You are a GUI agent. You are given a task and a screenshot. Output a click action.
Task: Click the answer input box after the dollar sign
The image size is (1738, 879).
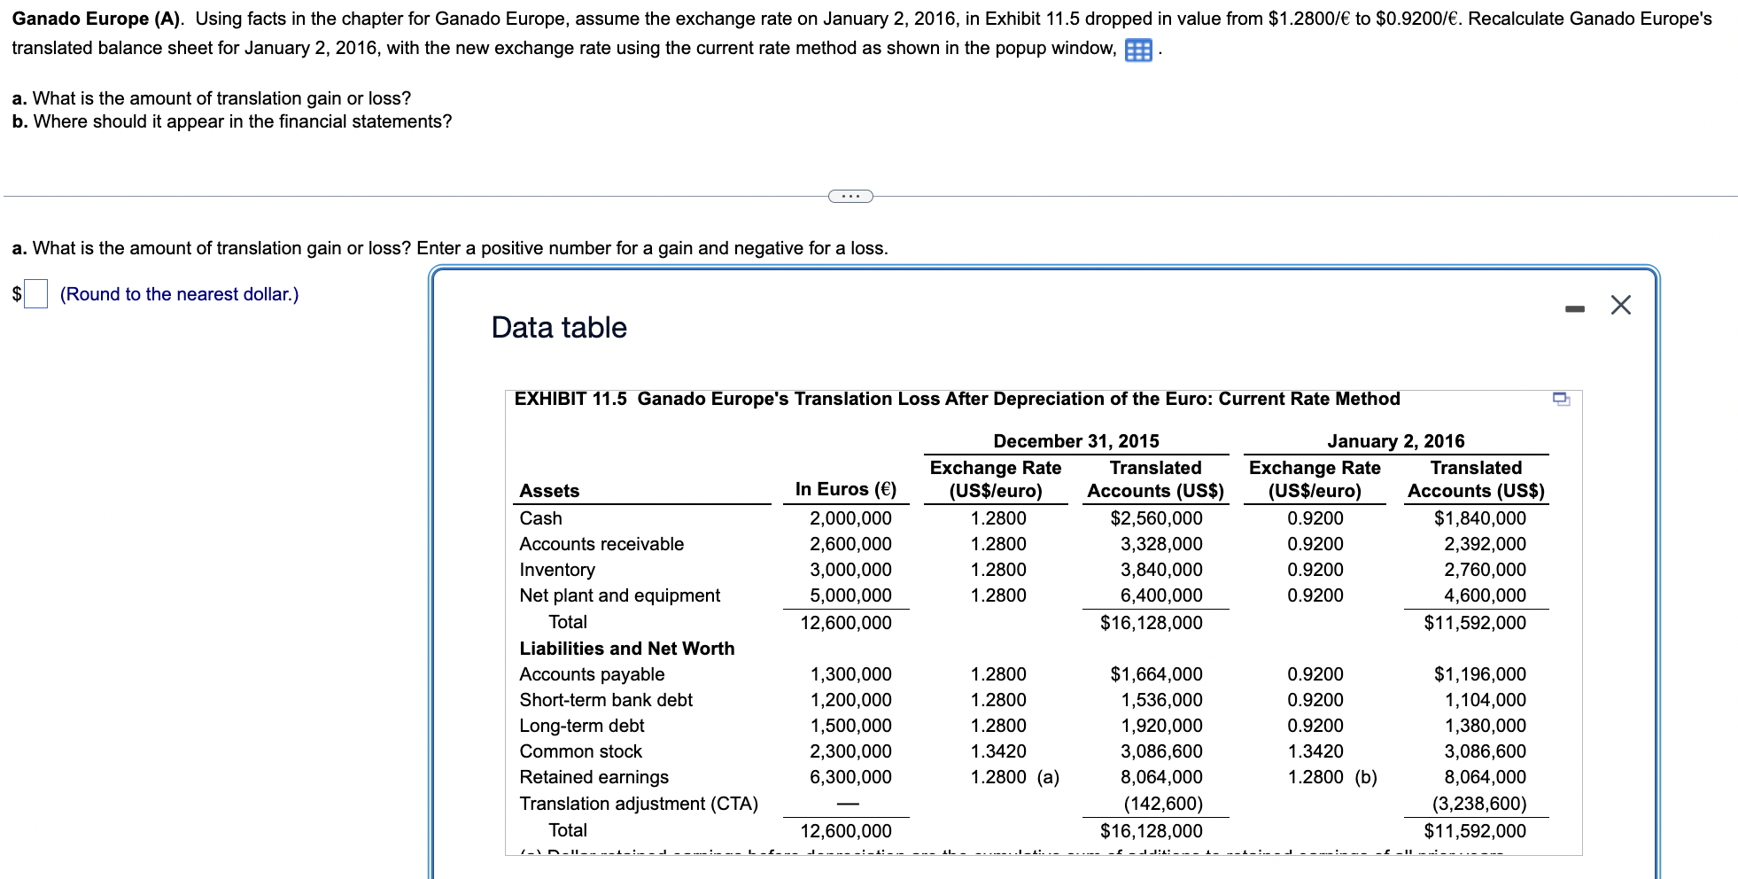click(x=35, y=294)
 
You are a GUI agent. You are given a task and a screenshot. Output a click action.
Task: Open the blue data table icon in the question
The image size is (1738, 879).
click(x=1138, y=51)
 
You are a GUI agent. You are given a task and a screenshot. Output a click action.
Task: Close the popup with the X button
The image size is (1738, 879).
click(x=1620, y=306)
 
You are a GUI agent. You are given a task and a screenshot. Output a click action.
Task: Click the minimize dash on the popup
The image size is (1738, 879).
click(x=1574, y=308)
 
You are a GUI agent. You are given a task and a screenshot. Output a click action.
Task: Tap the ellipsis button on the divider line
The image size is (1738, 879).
click(x=850, y=196)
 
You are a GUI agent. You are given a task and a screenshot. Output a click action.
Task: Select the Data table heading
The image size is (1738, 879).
click(x=559, y=328)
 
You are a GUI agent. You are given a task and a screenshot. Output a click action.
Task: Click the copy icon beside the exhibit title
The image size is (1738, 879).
click(x=1561, y=400)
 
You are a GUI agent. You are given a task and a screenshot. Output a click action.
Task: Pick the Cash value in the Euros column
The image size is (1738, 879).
click(x=850, y=518)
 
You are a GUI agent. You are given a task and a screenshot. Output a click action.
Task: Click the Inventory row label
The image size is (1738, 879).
click(x=557, y=570)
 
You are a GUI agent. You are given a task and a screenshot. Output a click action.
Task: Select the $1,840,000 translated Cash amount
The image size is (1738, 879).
click(x=1479, y=518)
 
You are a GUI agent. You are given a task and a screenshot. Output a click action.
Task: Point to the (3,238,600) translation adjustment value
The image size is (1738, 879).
click(x=1479, y=804)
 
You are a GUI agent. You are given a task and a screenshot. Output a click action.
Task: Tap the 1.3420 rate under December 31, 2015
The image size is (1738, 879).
click(x=998, y=751)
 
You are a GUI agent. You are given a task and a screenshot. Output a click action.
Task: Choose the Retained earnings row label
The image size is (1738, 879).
click(x=594, y=777)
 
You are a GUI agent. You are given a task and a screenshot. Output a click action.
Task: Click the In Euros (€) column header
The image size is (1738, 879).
click(x=845, y=489)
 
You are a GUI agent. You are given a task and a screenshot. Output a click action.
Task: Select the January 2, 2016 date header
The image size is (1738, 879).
click(x=1395, y=441)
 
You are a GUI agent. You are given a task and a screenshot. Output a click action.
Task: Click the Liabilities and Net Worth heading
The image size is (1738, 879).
click(x=626, y=649)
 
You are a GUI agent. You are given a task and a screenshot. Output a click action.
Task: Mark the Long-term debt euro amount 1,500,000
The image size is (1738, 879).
click(x=850, y=726)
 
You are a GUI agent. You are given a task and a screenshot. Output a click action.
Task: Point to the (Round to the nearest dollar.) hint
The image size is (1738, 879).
click(x=179, y=294)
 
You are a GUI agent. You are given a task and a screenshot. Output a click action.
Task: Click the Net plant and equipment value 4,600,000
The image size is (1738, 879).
click(x=1485, y=595)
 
